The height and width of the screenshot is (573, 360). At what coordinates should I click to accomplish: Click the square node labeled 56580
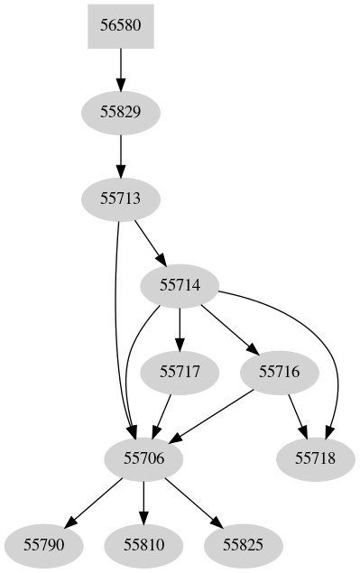(x=121, y=25)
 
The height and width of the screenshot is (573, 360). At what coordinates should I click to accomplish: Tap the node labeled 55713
(x=121, y=199)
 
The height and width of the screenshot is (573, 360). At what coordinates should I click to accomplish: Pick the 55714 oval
(x=180, y=285)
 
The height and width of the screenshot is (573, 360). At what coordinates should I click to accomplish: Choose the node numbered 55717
(x=180, y=372)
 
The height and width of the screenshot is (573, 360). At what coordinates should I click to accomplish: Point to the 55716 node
(x=280, y=372)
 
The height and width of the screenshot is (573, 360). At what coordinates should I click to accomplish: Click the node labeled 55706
(x=143, y=458)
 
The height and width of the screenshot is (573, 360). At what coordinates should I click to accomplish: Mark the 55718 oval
(x=316, y=458)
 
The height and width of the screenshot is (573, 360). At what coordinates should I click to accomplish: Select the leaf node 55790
(x=44, y=545)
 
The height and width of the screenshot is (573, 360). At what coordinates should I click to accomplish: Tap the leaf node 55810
(x=143, y=545)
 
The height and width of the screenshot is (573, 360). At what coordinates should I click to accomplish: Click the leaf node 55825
(x=243, y=545)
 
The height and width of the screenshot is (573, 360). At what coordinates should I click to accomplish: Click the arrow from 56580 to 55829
(x=121, y=69)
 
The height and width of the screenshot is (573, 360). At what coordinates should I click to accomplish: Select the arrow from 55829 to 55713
(x=121, y=155)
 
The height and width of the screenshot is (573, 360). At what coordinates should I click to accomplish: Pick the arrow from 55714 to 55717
(x=180, y=328)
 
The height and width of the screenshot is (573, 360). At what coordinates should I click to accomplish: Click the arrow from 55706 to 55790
(x=94, y=502)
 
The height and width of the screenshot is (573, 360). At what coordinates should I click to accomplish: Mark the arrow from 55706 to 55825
(x=193, y=502)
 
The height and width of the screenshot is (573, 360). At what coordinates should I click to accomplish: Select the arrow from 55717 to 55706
(x=162, y=415)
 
